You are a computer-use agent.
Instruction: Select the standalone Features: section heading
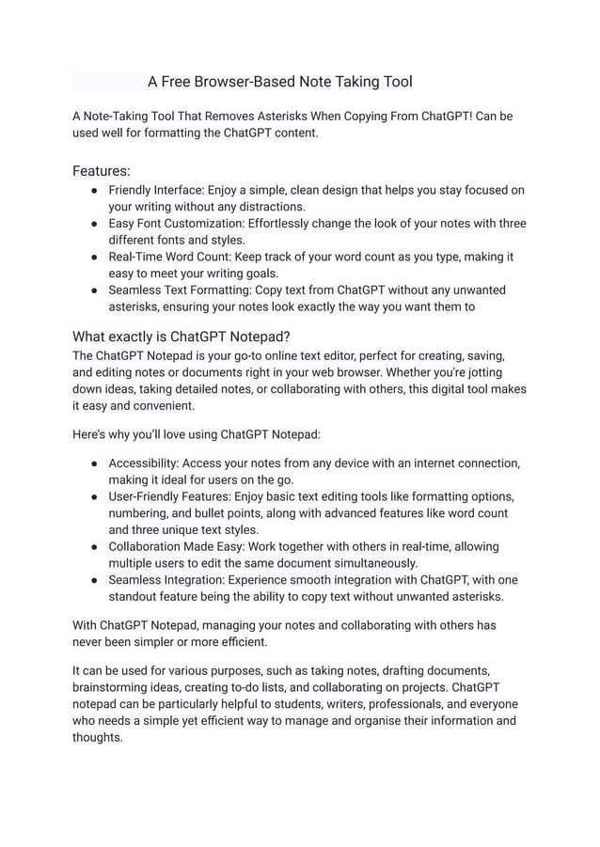click(102, 171)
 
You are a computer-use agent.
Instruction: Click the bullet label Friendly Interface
click(155, 190)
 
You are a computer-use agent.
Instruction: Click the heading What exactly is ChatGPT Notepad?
click(182, 337)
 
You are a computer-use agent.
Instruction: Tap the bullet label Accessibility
click(143, 463)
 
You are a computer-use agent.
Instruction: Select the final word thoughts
click(98, 737)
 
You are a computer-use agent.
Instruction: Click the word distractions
click(266, 207)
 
